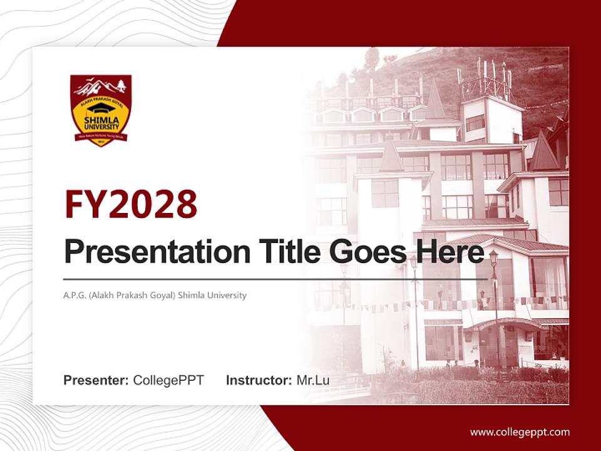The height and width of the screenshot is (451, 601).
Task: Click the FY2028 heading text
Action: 131,204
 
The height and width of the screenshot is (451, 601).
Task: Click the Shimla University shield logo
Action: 101,110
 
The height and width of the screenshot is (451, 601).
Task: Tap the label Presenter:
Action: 96,380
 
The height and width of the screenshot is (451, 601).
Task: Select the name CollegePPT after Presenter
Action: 168,380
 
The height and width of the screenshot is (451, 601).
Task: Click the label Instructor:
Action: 259,380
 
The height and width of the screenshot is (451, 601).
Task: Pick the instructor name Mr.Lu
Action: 313,380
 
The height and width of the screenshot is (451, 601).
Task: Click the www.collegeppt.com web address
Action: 520,432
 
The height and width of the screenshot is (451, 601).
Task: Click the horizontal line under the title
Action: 275,279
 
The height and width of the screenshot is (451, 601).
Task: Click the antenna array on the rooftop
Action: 486,78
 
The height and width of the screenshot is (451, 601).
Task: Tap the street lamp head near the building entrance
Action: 493,257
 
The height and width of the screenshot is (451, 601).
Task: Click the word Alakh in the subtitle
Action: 104,295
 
